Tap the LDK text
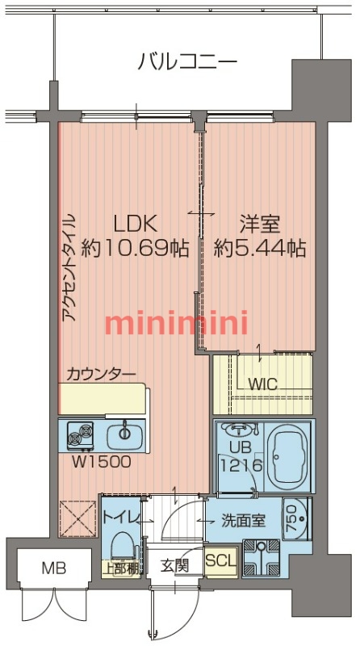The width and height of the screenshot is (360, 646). [134, 223]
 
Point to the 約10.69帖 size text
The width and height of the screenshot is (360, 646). [136, 248]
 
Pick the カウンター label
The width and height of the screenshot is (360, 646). [101, 373]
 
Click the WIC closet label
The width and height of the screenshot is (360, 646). [262, 384]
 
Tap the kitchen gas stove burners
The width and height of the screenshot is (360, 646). [81, 436]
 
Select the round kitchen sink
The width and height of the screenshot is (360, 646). [125, 434]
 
